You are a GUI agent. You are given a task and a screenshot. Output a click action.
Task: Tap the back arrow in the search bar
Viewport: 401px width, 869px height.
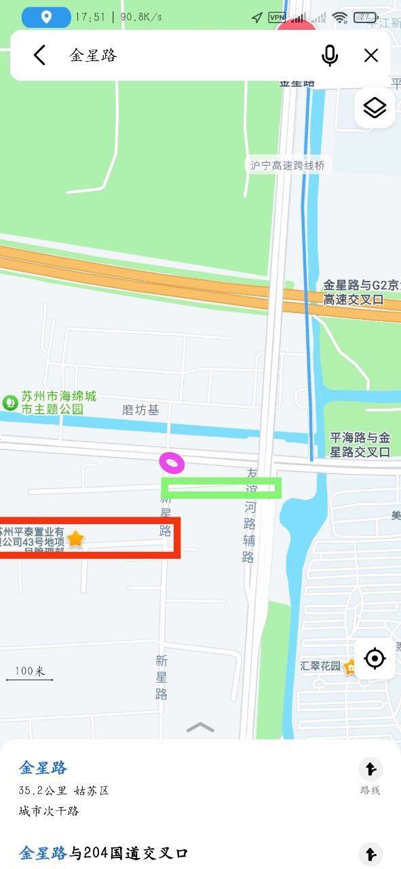click(x=39, y=55)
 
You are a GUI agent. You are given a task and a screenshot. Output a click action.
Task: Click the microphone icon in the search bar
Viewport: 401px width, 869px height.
click(x=330, y=55)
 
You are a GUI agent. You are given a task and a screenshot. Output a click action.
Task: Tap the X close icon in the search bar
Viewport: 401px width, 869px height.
click(x=370, y=55)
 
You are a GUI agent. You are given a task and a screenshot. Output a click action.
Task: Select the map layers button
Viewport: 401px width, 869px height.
click(x=374, y=108)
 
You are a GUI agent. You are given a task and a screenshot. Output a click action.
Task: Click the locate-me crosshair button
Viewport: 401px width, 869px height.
click(x=375, y=658)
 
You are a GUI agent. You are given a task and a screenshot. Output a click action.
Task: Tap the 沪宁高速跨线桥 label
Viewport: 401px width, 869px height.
click(x=288, y=166)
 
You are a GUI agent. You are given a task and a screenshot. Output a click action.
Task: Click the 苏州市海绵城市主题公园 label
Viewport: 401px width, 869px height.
click(x=58, y=403)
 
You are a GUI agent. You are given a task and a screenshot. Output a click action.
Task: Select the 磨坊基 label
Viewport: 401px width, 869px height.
click(x=140, y=410)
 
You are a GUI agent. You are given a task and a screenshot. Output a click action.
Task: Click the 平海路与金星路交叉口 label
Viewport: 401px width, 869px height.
click(x=360, y=445)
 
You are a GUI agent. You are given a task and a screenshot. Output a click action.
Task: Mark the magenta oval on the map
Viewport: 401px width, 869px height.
click(x=172, y=463)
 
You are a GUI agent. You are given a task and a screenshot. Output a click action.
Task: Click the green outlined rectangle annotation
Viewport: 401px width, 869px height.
click(x=221, y=487)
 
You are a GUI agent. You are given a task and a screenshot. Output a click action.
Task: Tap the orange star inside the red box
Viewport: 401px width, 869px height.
click(x=75, y=539)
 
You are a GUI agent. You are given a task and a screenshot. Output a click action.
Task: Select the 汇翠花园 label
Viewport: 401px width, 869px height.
click(x=320, y=666)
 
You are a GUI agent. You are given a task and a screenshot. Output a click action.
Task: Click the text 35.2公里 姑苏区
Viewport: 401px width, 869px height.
click(x=64, y=791)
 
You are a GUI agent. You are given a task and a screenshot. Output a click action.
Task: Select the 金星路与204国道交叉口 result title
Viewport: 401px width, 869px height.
click(x=103, y=853)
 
